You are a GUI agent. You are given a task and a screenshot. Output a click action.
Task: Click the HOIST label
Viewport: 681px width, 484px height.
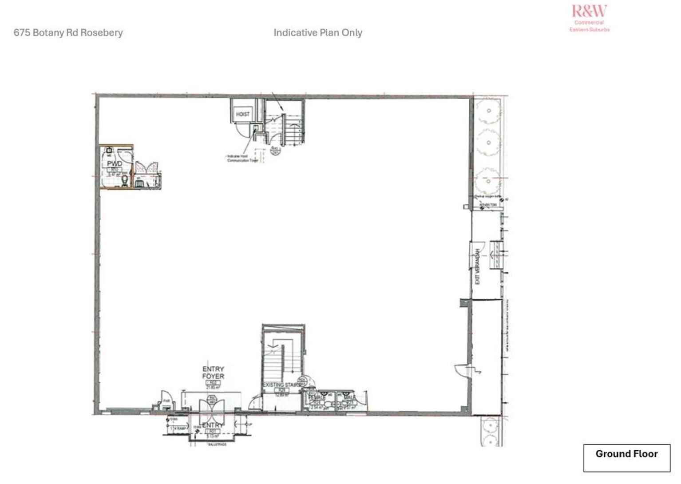point(242,115)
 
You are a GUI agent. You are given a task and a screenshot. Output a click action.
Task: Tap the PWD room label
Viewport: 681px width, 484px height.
point(115,164)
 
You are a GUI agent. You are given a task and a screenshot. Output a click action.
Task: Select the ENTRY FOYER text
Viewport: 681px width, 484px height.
point(213,373)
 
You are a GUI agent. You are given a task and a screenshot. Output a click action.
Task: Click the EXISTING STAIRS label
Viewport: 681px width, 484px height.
point(281,385)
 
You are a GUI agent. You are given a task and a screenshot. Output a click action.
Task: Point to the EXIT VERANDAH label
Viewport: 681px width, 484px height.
point(478,266)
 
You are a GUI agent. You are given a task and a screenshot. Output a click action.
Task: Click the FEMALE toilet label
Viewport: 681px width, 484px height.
point(317,397)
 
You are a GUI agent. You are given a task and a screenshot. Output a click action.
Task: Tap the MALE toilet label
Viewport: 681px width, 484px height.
point(349,397)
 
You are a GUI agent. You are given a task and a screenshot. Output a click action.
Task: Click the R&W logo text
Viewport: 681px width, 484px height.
point(589,11)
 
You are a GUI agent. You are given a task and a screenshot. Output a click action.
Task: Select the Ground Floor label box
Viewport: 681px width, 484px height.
point(626,458)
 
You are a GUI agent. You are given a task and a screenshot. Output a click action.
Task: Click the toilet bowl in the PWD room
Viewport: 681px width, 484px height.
point(126,180)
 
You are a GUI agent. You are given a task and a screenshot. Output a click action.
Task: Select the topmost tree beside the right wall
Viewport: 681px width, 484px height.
point(488,110)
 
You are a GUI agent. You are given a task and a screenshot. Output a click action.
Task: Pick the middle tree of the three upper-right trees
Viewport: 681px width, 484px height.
point(488,143)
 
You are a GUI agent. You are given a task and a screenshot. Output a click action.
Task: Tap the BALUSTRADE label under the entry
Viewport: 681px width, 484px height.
point(217,444)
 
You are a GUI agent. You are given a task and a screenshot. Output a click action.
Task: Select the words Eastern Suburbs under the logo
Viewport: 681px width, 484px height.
point(590,30)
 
